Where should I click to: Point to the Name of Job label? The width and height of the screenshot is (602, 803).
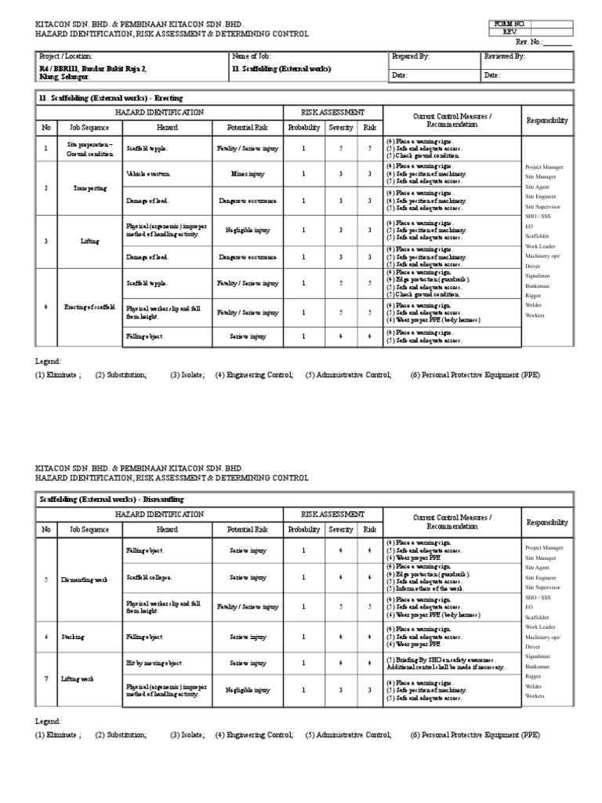click(x=251, y=57)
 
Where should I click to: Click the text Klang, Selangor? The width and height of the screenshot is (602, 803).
click(x=64, y=78)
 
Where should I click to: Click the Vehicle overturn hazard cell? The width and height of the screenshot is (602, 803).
click(x=148, y=173)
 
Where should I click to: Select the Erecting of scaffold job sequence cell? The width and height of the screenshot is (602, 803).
click(x=90, y=307)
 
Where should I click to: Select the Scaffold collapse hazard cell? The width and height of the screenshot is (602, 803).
click(x=149, y=578)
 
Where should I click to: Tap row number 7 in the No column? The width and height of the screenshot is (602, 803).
click(x=46, y=678)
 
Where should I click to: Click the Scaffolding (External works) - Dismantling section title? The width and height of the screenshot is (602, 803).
click(x=111, y=499)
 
